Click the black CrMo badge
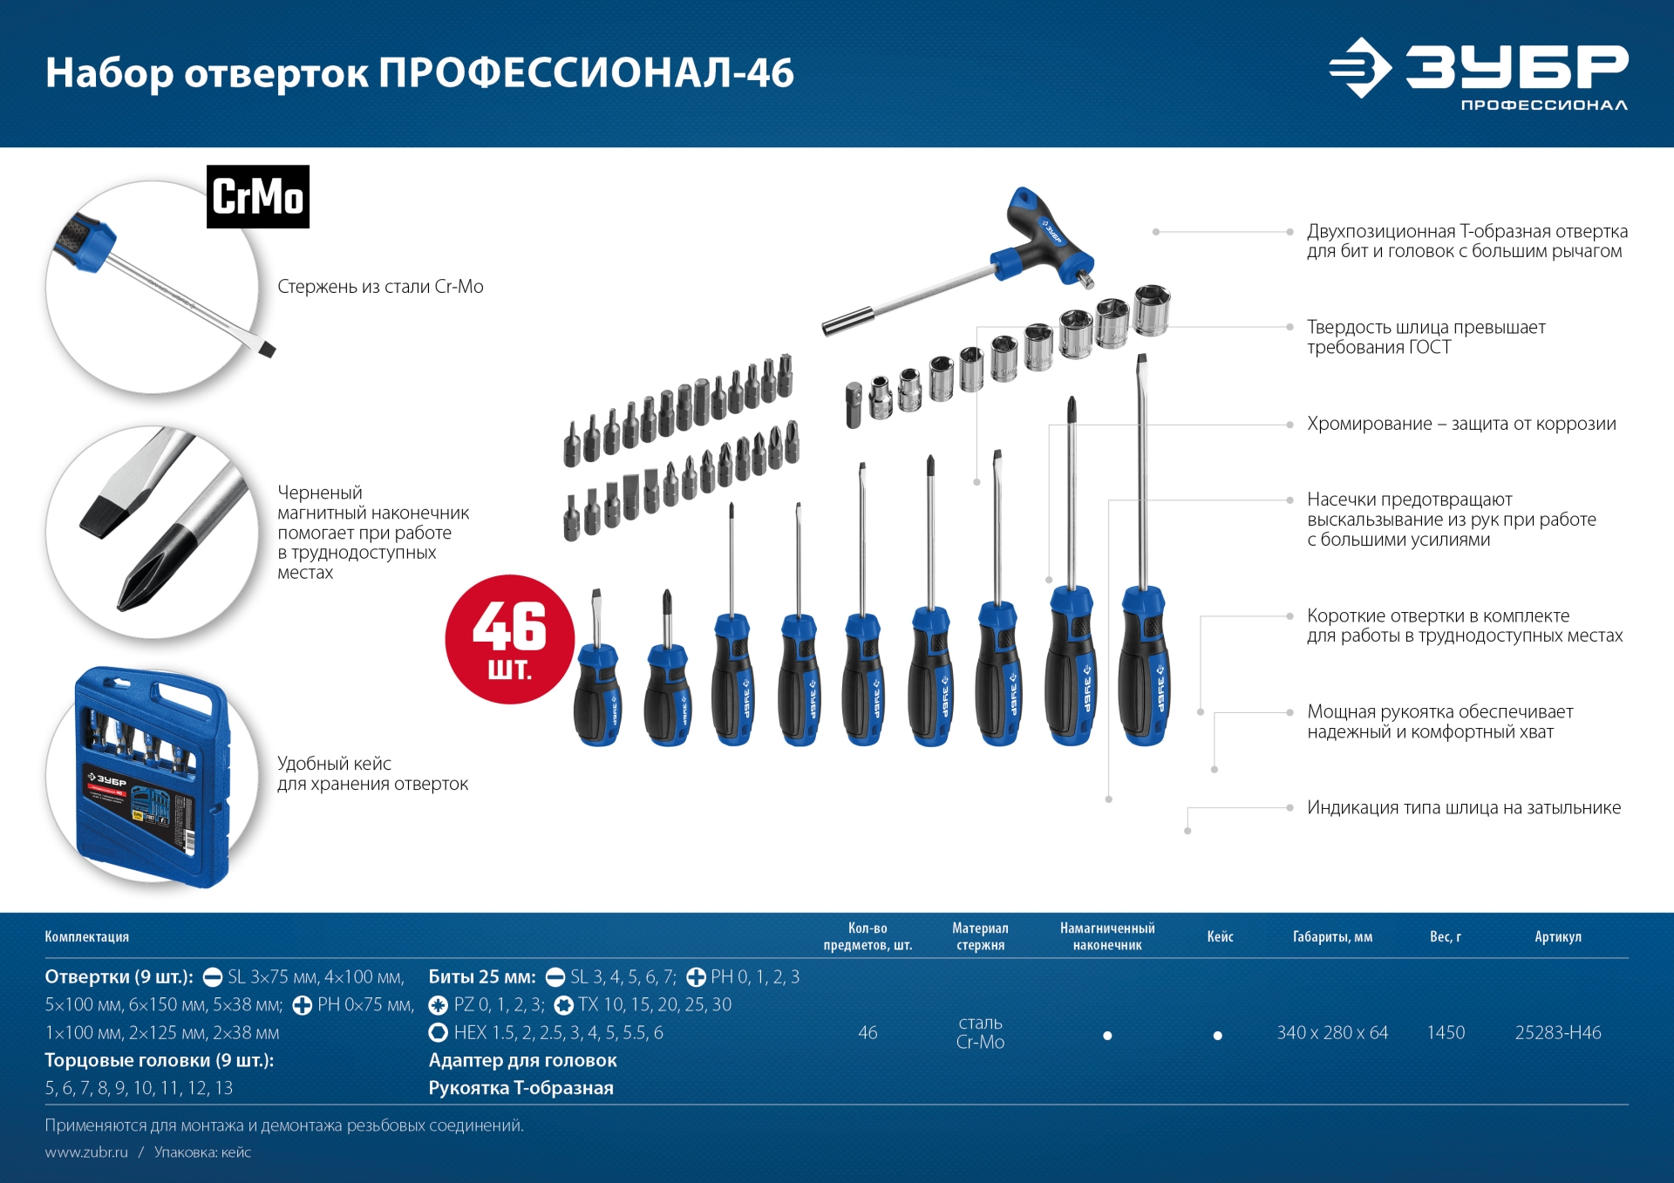258,197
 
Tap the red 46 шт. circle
510,639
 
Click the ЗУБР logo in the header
1479,73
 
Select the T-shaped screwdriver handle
1046,238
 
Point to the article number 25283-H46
1558,1033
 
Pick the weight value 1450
1446,1033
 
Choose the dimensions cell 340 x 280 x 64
1332,1033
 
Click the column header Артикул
1558,937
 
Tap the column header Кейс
1220,937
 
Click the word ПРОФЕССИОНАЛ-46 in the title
586,73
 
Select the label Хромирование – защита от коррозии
1461,425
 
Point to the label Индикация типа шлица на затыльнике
1464,808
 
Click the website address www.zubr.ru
86,1152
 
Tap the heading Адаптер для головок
522,1061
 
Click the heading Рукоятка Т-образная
521,1088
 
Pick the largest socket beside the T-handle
1152,309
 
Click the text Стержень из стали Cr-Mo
380,287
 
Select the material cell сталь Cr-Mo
980,1033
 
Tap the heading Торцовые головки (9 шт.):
160,1061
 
